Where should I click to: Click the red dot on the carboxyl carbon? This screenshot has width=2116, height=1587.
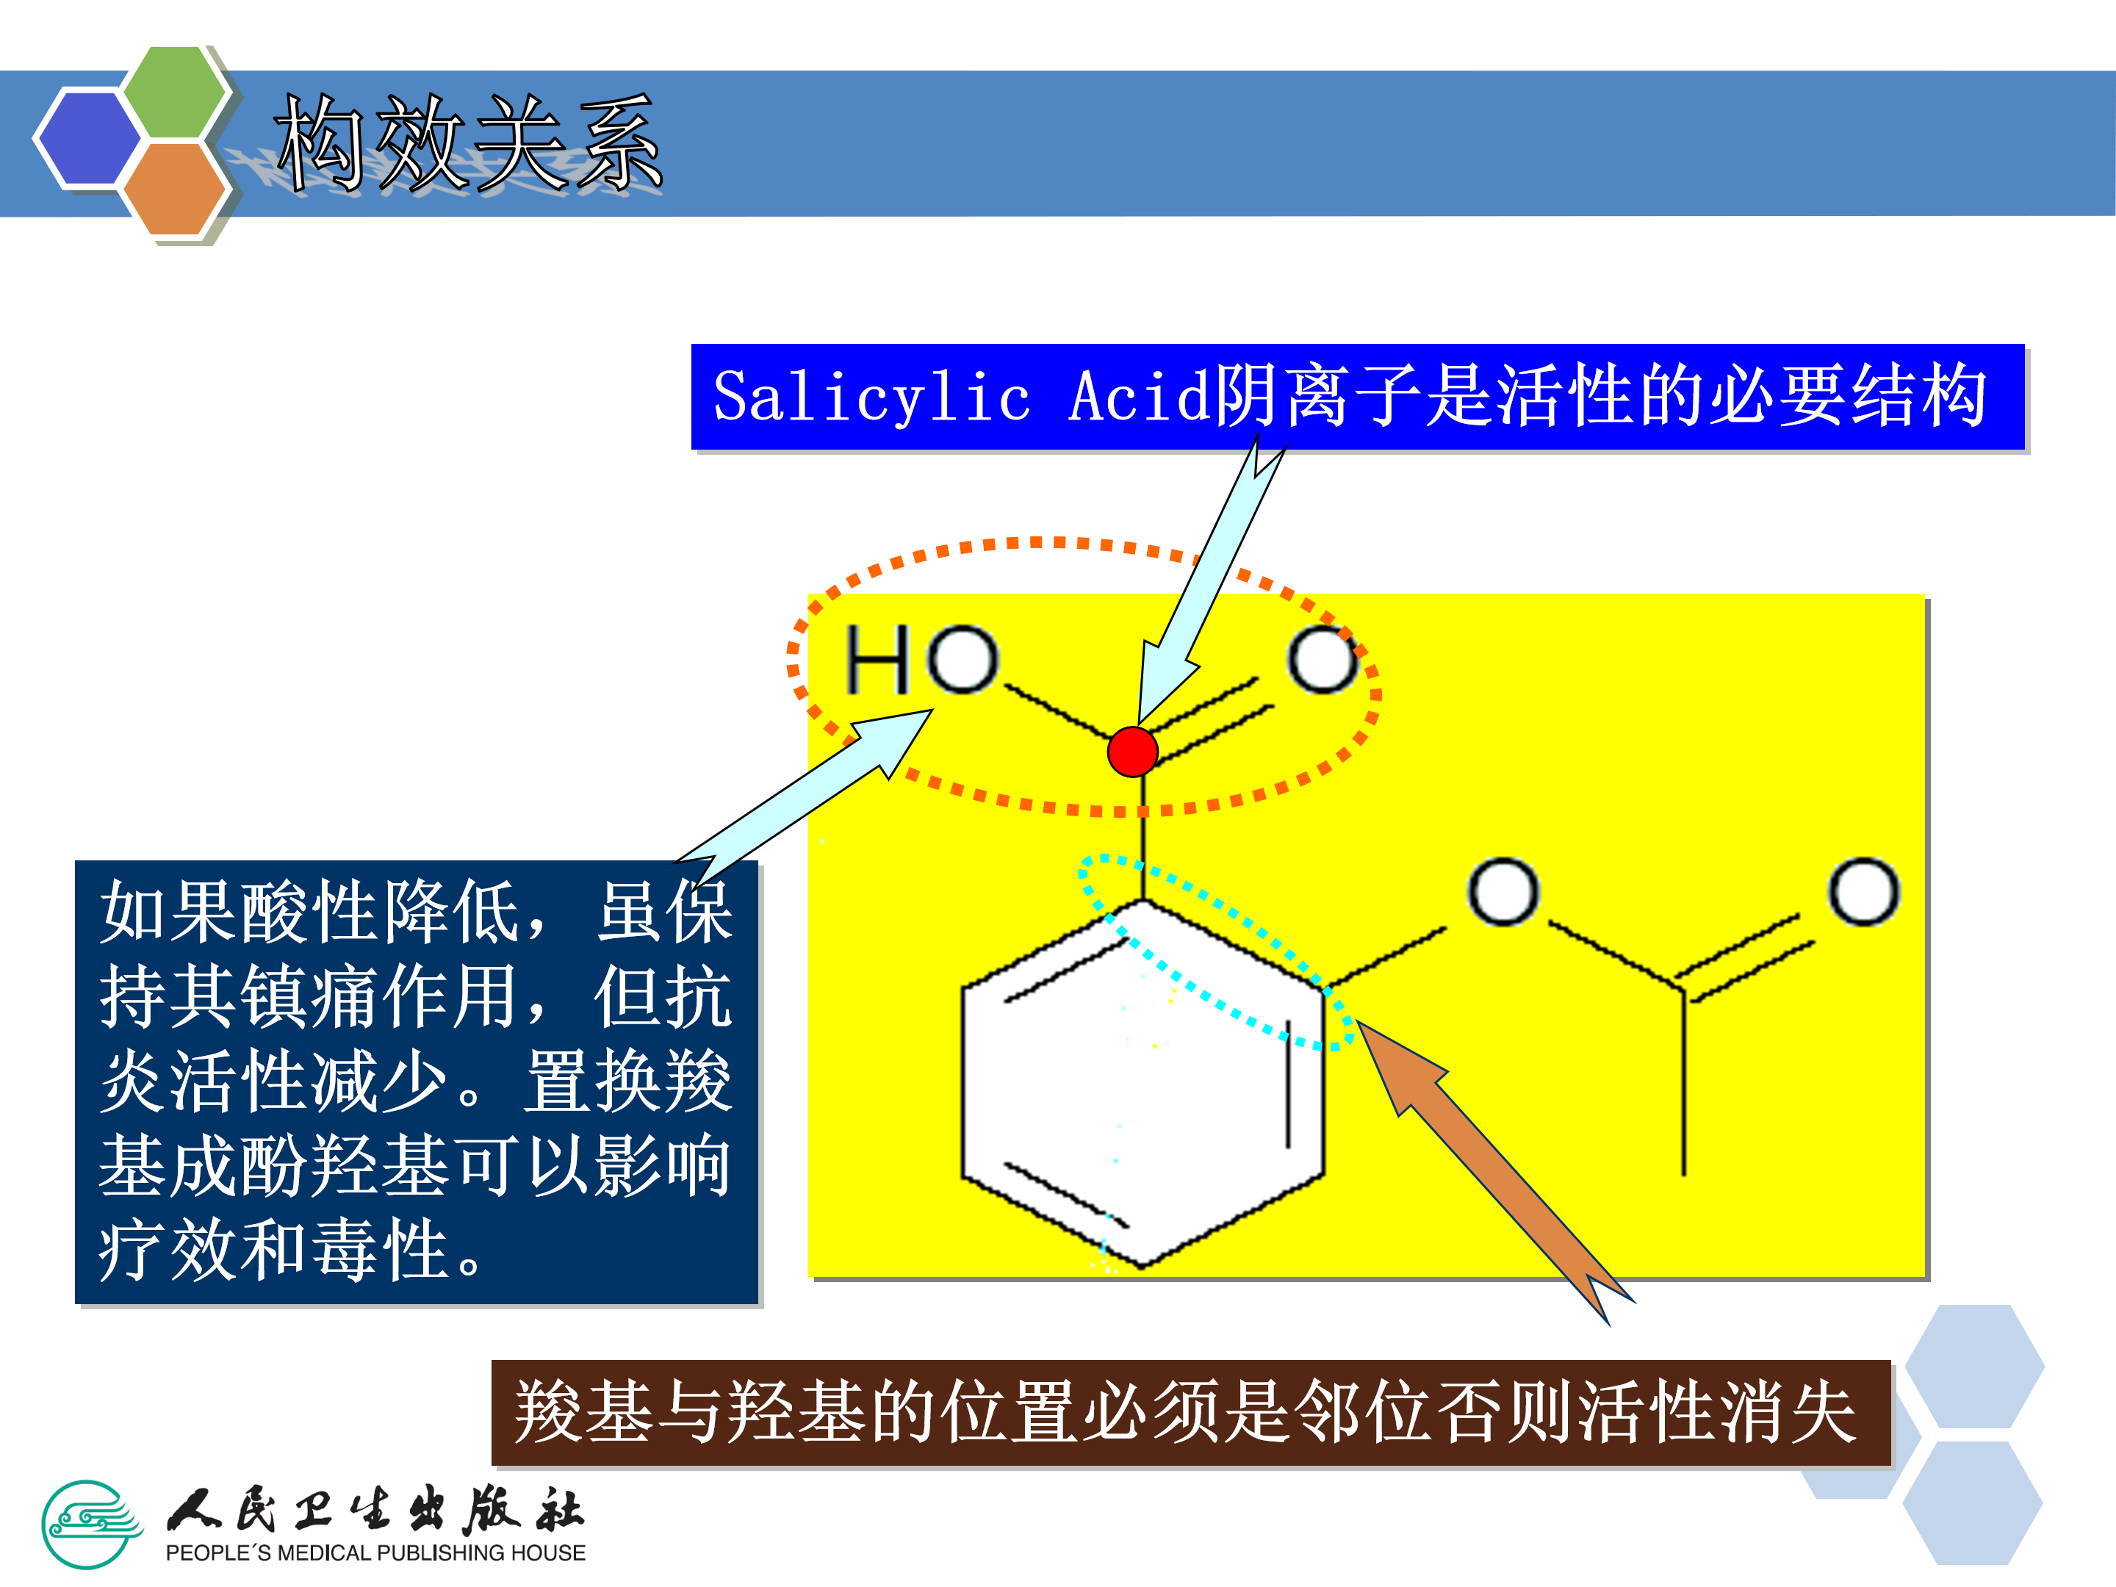(1133, 752)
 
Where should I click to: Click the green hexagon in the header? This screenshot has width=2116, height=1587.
(175, 92)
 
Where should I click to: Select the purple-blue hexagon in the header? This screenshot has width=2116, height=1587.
(88, 137)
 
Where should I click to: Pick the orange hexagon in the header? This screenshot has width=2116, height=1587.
(174, 187)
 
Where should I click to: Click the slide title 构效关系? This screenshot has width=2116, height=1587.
(469, 143)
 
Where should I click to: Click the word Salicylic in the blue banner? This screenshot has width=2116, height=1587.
(872, 397)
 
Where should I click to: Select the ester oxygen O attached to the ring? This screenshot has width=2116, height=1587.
(1503, 891)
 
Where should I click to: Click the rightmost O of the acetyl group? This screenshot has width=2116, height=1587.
(1863, 891)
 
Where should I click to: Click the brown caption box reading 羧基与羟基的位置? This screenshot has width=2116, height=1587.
(1190, 1412)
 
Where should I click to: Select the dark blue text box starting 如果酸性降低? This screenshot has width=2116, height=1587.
(416, 1081)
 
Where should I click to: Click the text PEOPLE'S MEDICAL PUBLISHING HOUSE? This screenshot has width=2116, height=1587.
(375, 1553)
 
